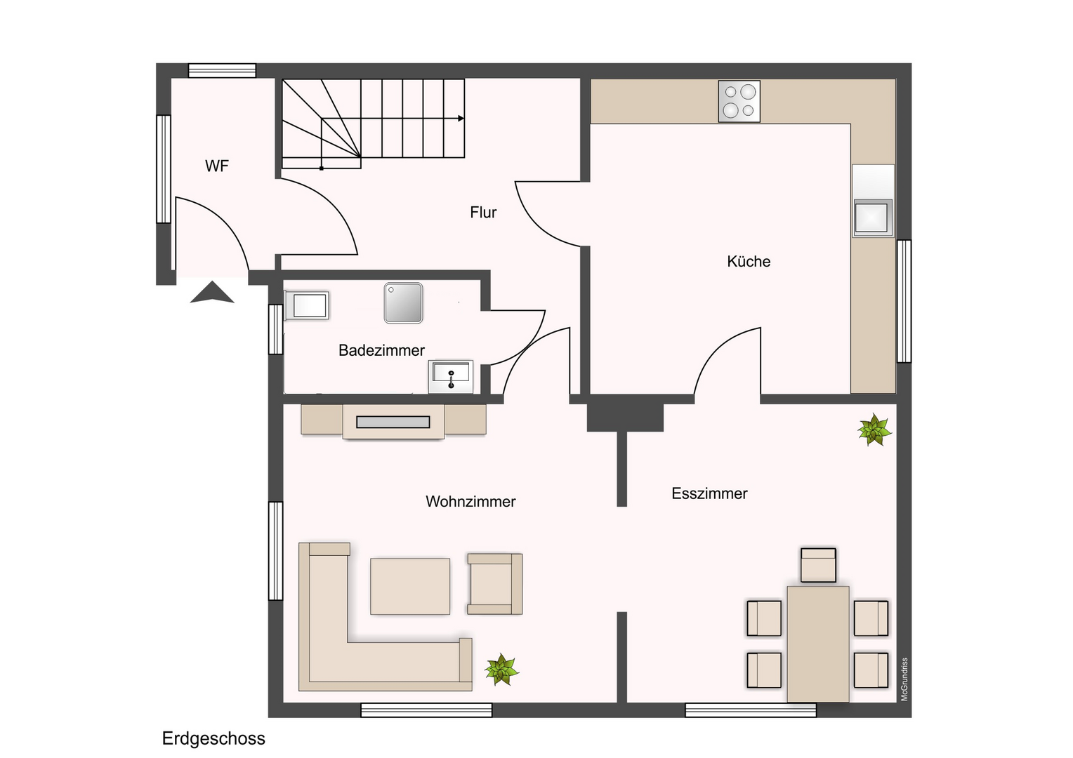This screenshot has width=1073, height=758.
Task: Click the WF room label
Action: tap(216, 166)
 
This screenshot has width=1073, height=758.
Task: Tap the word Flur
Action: tap(483, 212)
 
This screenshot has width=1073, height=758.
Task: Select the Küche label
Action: tap(749, 262)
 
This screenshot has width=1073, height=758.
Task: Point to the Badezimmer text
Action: tap(381, 350)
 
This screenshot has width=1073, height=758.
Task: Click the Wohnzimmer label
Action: tap(470, 501)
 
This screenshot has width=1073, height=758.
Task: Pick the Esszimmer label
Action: tap(709, 493)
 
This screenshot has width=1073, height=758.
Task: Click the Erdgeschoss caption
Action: tap(213, 738)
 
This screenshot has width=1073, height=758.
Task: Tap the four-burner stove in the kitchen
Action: tap(739, 101)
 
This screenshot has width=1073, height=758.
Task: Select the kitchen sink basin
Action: tap(871, 218)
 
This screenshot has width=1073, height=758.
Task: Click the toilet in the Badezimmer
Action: tap(307, 305)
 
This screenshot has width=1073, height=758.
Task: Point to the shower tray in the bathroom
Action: tap(403, 302)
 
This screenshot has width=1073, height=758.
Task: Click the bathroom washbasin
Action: tap(451, 375)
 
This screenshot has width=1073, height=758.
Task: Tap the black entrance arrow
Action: tap(212, 293)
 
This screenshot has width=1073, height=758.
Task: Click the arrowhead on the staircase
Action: tap(461, 119)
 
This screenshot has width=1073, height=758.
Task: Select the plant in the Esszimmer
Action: tap(874, 430)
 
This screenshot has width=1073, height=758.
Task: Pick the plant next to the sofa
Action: tap(501, 669)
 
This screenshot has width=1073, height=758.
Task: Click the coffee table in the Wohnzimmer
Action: tap(410, 586)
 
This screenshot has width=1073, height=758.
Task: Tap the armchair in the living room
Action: tap(494, 584)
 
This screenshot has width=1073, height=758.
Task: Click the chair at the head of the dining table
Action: tap(818, 565)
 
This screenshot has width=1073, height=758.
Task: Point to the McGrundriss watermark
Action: tap(904, 679)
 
